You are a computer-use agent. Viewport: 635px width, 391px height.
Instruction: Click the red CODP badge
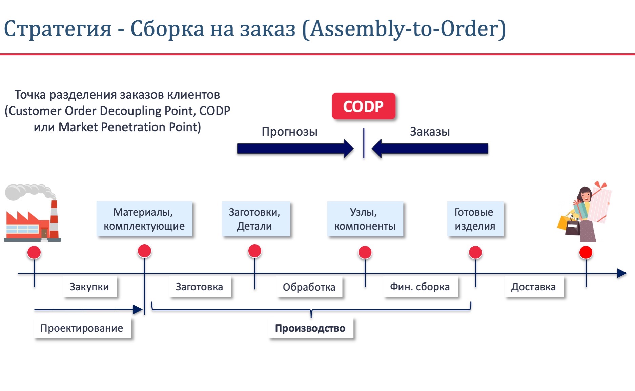(364, 106)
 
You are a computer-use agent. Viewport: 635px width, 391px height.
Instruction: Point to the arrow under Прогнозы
(295, 149)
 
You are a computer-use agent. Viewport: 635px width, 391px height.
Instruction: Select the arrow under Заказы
(430, 149)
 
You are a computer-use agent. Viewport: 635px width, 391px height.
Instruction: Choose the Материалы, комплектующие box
(144, 219)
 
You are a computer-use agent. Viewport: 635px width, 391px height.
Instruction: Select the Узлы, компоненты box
(365, 219)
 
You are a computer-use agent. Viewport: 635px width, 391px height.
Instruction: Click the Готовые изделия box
(475, 219)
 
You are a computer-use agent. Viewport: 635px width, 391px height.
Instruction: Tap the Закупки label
(90, 287)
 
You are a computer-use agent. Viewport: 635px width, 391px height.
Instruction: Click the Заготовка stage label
(200, 287)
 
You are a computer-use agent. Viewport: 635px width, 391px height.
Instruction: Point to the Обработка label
(309, 287)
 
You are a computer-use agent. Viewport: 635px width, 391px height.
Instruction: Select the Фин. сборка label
(420, 287)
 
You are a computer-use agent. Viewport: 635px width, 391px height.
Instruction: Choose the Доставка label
(534, 287)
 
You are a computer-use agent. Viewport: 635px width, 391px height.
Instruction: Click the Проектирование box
(82, 328)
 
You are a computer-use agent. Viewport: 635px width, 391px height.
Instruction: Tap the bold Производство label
(310, 328)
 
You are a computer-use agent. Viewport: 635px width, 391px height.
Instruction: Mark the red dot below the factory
(34, 252)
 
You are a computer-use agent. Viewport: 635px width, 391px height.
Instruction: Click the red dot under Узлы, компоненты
(365, 252)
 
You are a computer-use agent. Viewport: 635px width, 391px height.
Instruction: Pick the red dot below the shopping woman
(586, 252)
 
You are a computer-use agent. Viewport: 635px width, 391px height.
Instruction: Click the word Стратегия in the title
(58, 29)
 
